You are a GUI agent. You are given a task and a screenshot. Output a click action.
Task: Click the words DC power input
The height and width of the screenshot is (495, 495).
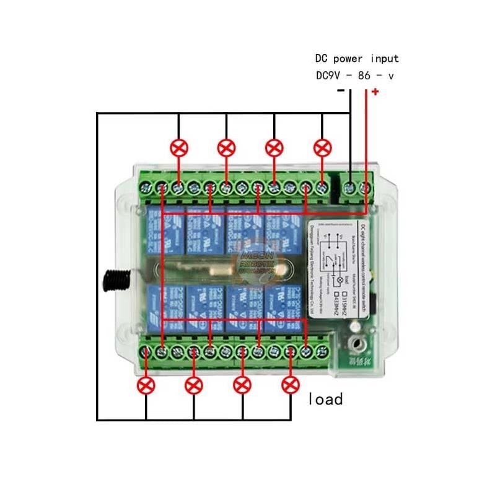pyautogui.click(x=357, y=59)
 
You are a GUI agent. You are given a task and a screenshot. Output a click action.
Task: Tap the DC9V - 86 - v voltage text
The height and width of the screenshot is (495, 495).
pyautogui.click(x=354, y=76)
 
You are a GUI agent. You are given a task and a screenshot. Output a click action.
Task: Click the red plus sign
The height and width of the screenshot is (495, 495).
pyautogui.click(x=375, y=92)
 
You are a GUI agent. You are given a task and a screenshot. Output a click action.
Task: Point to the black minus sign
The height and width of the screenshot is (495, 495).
pyautogui.click(x=340, y=91)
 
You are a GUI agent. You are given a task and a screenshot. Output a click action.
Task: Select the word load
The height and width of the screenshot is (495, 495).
pyautogui.click(x=325, y=399)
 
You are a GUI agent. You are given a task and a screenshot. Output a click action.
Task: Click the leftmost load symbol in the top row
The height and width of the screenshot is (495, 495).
pyautogui.click(x=179, y=148)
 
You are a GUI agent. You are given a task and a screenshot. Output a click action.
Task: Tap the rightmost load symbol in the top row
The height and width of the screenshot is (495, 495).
pyautogui.click(x=322, y=148)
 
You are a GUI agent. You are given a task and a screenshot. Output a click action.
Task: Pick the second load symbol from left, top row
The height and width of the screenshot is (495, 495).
pyautogui.click(x=227, y=148)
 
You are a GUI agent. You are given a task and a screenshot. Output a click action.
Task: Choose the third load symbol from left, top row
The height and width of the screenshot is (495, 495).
pyautogui.click(x=274, y=148)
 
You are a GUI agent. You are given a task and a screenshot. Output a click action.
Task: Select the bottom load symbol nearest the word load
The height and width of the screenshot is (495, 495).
pyautogui.click(x=290, y=385)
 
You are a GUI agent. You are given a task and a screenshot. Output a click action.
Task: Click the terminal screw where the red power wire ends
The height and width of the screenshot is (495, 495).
pyautogui.click(x=366, y=186)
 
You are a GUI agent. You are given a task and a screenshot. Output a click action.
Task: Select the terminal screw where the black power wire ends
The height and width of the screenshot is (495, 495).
pyautogui.click(x=350, y=186)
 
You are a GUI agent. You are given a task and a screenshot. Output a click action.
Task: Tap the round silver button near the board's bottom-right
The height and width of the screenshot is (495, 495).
pyautogui.click(x=356, y=341)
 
